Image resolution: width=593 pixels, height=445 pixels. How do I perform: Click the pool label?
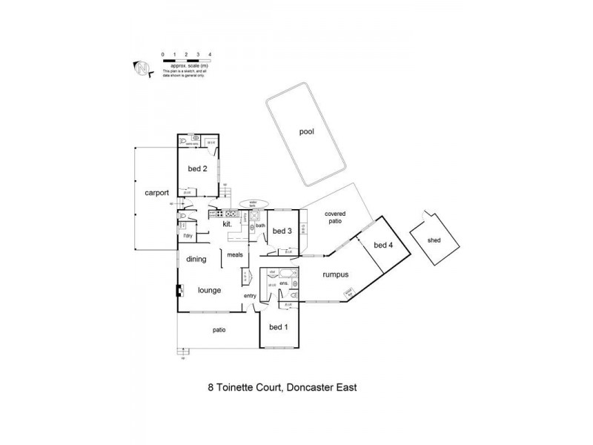(307, 132)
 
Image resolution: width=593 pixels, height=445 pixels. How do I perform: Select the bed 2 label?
(196, 168)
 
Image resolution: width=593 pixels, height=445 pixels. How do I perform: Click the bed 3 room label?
(282, 231)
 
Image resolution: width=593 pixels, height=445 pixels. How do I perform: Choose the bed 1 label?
(279, 327)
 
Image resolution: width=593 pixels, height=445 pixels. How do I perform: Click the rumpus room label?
(335, 275)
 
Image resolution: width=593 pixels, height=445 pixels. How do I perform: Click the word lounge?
(209, 290)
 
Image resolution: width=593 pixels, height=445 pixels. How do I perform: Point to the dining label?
(196, 259)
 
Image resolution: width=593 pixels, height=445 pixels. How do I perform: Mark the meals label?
(235, 254)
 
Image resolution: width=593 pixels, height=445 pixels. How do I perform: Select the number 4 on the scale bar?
(211, 54)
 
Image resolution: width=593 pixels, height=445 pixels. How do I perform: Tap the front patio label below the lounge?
(218, 329)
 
